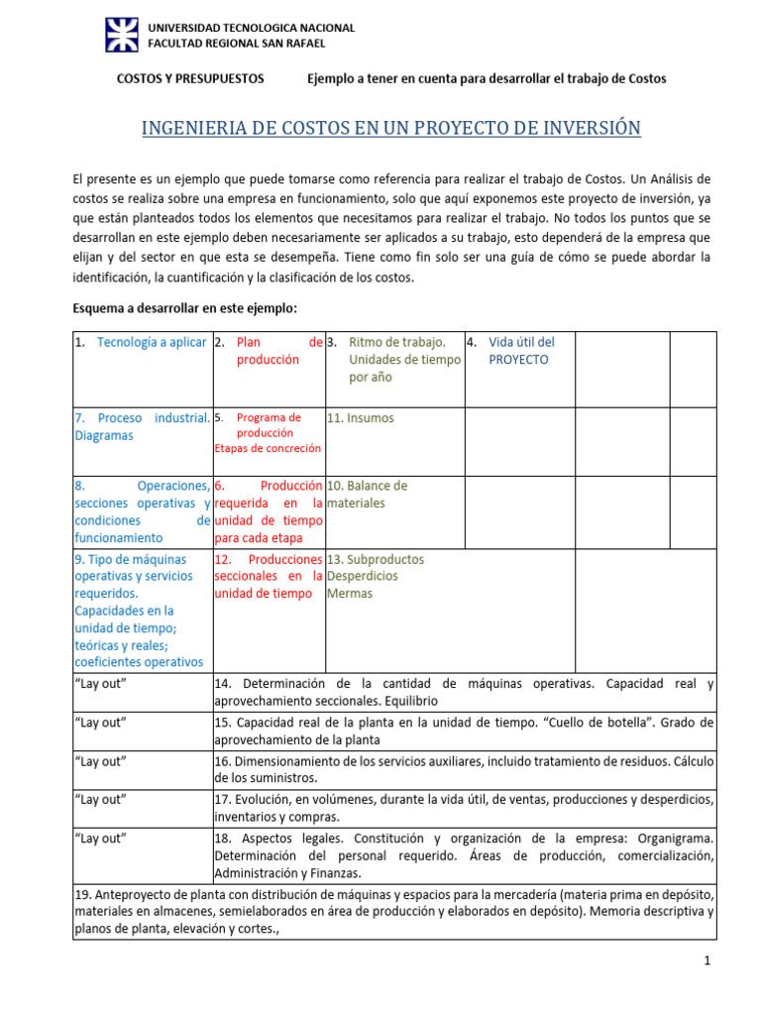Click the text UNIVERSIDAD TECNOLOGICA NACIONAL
pos(251,28)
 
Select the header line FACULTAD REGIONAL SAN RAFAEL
pos(236,44)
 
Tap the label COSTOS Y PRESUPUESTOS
pos(190,78)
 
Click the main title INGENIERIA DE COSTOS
pos(392,128)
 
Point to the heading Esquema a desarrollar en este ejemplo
pos(184,307)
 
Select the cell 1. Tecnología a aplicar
pos(142,342)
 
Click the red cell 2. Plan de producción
pos(269,351)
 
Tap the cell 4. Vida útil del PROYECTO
pos(519,351)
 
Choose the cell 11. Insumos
pos(363,418)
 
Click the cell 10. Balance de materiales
pos(368,495)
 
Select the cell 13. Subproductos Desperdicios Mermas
pos(376,576)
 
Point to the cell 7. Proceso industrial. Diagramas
pos(142,426)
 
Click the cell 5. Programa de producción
pos(268,432)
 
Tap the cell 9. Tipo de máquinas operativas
pos(140,610)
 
